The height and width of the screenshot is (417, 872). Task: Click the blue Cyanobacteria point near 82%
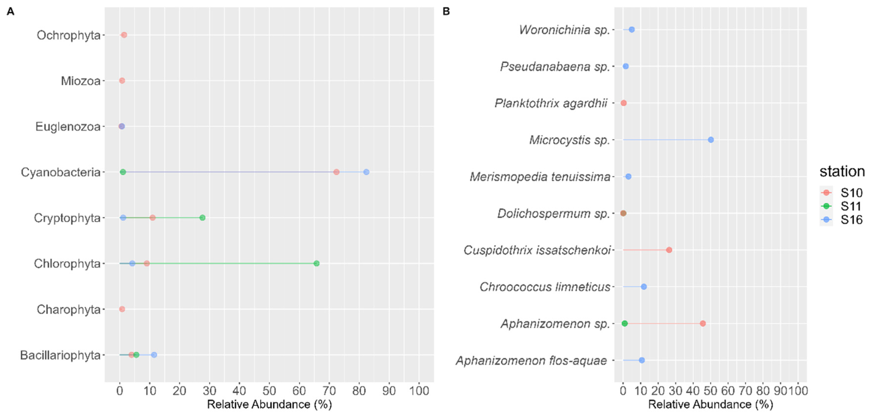click(366, 172)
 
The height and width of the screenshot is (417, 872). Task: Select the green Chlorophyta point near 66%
click(317, 264)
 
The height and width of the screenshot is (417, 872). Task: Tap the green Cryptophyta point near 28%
click(202, 218)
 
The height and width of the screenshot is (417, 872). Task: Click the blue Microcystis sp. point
click(711, 140)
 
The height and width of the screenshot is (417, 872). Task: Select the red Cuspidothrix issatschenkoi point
click(669, 250)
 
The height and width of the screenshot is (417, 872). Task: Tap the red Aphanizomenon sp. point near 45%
click(703, 324)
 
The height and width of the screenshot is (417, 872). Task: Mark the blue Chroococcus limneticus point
click(644, 287)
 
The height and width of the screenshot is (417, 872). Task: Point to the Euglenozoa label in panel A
click(68, 127)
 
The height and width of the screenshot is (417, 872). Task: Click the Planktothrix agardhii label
click(551, 103)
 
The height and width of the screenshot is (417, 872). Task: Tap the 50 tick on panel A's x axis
click(269, 391)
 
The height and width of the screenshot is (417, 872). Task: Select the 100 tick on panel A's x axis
click(419, 391)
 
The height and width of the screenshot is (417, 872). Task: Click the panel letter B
click(446, 12)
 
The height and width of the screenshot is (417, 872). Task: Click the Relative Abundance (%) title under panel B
click(711, 404)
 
